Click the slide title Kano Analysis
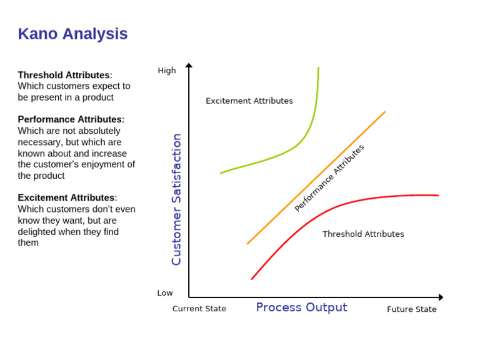72,34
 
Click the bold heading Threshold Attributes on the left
64,75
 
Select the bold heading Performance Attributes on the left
69,119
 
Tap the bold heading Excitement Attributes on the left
66,197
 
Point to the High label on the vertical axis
167,71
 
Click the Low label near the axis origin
165,292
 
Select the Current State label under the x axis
199,309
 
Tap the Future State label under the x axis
411,309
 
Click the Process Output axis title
301,307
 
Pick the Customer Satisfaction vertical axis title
176,199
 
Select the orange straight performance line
281,210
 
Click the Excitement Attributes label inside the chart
249,101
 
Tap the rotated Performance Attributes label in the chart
329,177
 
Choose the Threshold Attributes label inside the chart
363,234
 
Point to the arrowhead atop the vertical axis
189,65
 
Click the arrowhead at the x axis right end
441,297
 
